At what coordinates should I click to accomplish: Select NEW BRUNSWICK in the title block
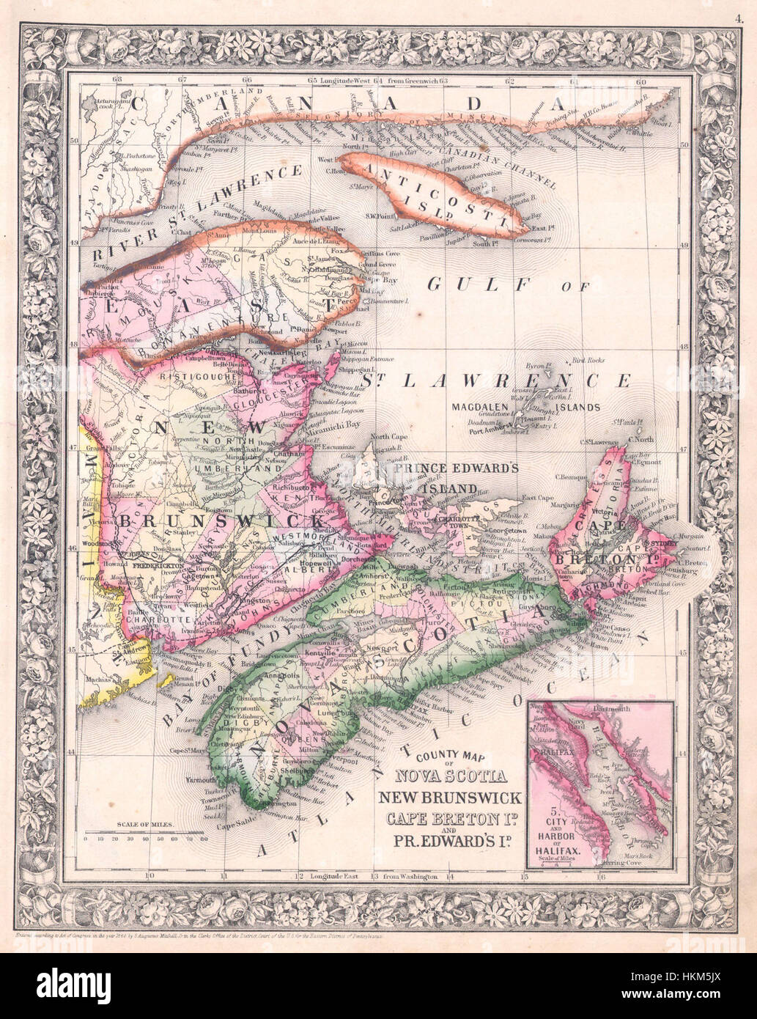[x=449, y=798]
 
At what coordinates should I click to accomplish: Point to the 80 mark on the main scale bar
[x=203, y=837]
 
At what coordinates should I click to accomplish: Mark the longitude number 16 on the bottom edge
[x=599, y=876]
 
